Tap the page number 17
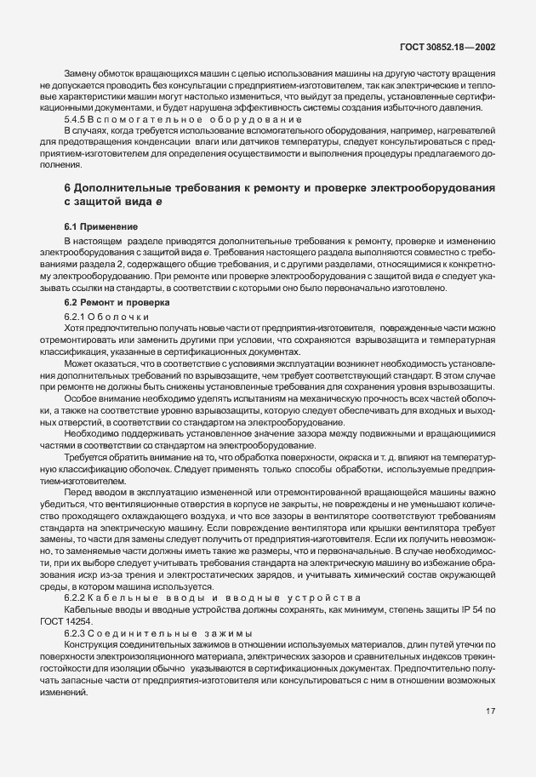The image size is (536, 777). (x=491, y=711)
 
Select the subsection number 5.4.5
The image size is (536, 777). (x=76, y=120)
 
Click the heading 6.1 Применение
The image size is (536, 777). (x=101, y=227)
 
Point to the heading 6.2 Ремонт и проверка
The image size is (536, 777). (x=117, y=303)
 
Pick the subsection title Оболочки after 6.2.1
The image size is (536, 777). (x=118, y=317)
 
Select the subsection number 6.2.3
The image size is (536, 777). (x=76, y=634)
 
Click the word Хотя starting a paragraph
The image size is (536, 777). (x=75, y=328)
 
